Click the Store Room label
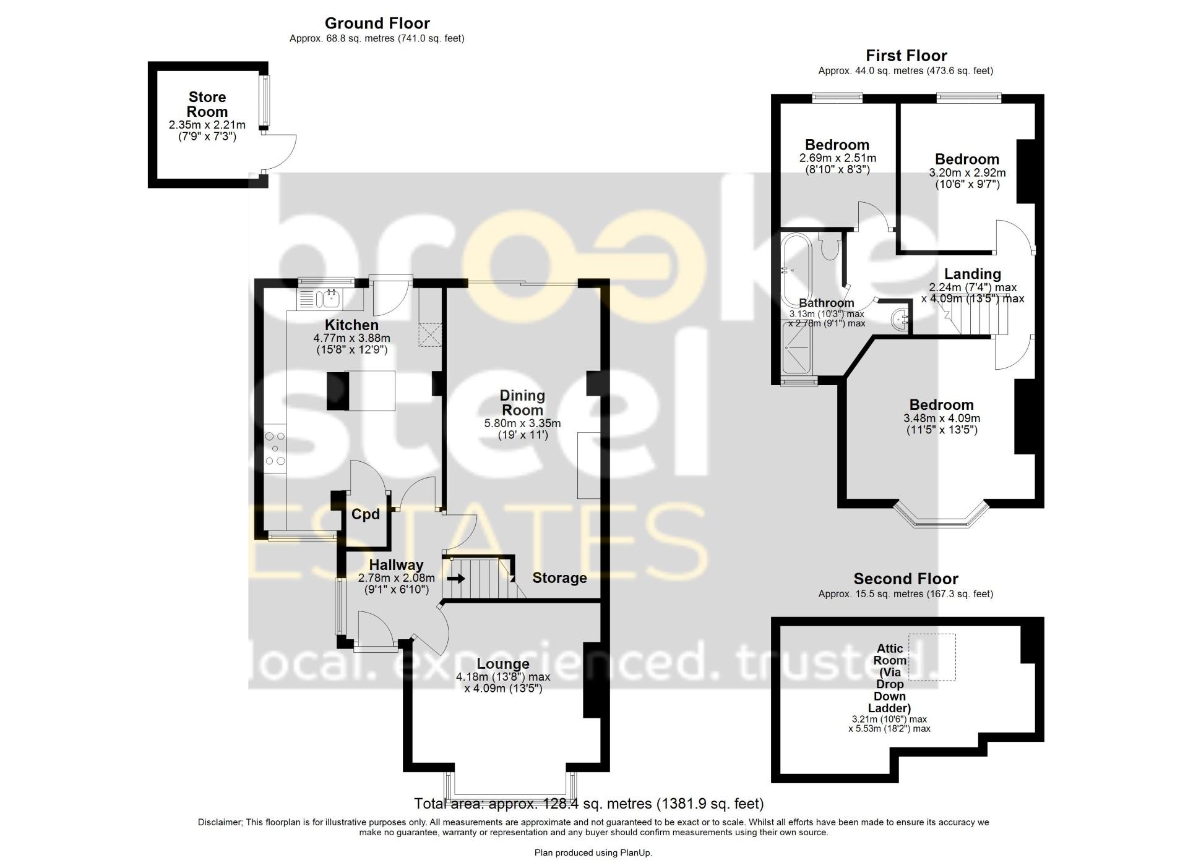click(x=207, y=104)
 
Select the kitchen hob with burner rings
click(x=275, y=448)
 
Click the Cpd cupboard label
click(x=365, y=514)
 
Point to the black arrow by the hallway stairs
click(x=456, y=579)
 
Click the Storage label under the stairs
click(x=559, y=578)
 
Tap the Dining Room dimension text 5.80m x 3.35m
click(x=522, y=423)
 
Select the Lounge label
click(x=503, y=664)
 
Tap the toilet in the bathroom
click(x=829, y=247)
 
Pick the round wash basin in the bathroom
click(x=899, y=320)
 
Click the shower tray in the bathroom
click(x=798, y=349)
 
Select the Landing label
click(x=972, y=274)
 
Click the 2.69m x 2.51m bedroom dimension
click(x=837, y=158)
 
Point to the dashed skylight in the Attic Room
click(x=932, y=657)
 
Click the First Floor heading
click(x=906, y=56)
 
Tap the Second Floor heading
click(x=905, y=579)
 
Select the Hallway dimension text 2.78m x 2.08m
click(x=396, y=578)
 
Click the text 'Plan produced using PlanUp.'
click(x=593, y=852)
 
